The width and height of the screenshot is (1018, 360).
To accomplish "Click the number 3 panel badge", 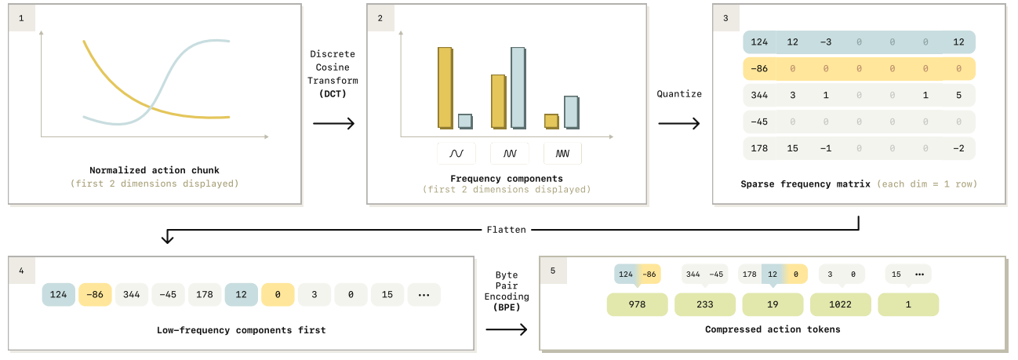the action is point(725,18).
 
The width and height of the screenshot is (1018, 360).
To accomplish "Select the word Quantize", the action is point(679,94).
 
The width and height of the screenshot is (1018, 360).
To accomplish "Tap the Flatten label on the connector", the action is point(507,230).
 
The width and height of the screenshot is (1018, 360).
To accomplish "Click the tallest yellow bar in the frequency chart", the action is point(445,88).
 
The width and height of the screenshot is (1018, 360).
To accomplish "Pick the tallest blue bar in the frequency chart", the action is point(518,88).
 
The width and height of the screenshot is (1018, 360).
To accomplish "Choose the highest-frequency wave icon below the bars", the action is point(562,153).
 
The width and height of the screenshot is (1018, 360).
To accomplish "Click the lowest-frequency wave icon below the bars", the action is point(456,153).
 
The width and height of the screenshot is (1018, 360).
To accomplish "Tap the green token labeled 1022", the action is point(840,304).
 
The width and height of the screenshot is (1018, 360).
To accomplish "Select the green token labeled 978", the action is point(637,304).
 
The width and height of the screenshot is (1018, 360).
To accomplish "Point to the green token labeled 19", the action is point(773,304).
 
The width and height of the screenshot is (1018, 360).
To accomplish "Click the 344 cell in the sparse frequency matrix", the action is point(759,95).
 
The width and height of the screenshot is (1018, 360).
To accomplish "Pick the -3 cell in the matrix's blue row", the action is point(826,42).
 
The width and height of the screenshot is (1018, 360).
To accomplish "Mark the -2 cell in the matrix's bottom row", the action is point(958,148).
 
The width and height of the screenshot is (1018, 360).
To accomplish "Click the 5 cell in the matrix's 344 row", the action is point(958,95).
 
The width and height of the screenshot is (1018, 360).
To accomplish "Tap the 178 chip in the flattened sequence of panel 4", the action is point(205,295).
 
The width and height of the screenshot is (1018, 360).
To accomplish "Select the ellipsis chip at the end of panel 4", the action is point(424,295).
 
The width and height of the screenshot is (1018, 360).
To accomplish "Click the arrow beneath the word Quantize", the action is point(679,123).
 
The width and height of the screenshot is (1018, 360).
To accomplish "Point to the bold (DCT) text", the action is point(333,93).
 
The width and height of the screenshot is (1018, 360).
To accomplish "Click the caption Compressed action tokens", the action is point(773,329).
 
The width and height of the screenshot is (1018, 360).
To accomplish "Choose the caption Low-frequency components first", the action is point(242,330).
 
